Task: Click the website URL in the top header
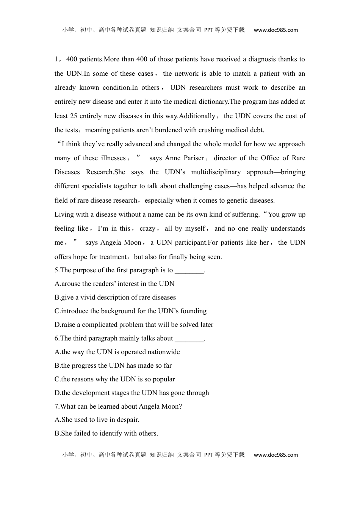(x=275, y=30)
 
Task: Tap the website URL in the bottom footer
(x=275, y=455)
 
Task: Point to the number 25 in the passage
(x=74, y=116)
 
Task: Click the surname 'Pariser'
(x=194, y=158)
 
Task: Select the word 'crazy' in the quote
(x=147, y=228)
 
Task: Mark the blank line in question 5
(x=189, y=270)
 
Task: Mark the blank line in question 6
(x=189, y=339)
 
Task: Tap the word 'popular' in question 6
(x=163, y=379)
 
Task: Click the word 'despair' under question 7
(x=127, y=420)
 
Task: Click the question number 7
(x=57, y=406)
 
